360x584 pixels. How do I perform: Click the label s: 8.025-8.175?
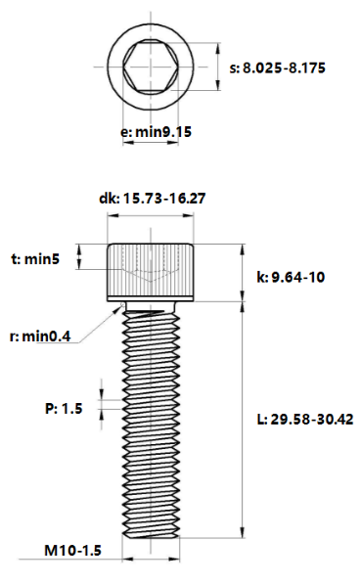pyautogui.click(x=278, y=68)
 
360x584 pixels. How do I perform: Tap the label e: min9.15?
pyautogui.click(x=156, y=131)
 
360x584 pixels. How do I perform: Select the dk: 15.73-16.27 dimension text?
pyautogui.click(x=152, y=199)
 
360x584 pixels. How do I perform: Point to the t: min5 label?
pyautogui.click(x=35, y=259)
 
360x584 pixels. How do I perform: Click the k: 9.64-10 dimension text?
pyautogui.click(x=291, y=277)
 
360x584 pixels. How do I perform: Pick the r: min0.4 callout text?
pyautogui.click(x=40, y=337)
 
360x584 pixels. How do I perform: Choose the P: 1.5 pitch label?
pyautogui.click(x=64, y=409)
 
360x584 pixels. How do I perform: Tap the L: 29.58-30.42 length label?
pyautogui.click(x=305, y=420)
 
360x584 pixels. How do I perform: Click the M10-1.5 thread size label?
pyautogui.click(x=73, y=551)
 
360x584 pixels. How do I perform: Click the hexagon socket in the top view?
pyautogui.click(x=151, y=67)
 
